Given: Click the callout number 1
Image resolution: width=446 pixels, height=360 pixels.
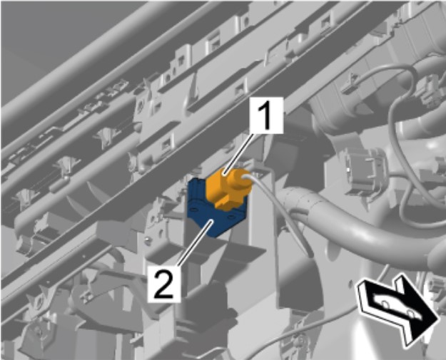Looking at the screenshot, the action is point(266,115).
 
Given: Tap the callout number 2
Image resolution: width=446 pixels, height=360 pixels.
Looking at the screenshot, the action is point(164,283).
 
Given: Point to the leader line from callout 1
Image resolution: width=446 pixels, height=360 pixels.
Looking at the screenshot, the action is point(239,155).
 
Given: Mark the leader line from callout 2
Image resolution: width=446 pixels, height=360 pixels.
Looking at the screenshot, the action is point(195,244).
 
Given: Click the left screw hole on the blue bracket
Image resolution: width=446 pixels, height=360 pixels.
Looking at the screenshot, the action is point(194,210).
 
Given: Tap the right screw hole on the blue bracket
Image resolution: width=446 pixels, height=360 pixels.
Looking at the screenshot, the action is point(232,217).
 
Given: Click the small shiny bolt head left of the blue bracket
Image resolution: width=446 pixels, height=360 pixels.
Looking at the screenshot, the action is point(147,240).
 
